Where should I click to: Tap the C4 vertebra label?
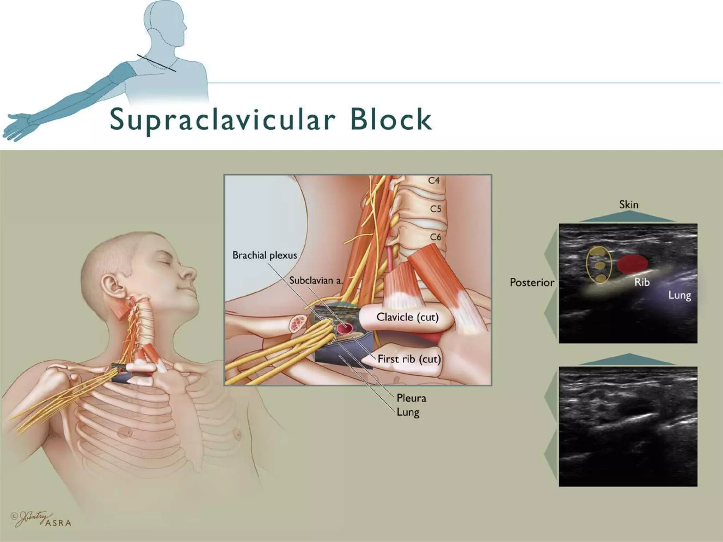[x=434, y=181]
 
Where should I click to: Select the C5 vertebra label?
[x=436, y=209]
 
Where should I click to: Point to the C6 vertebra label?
[x=436, y=237]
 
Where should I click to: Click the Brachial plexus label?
[x=264, y=255]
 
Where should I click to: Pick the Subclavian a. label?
[x=316, y=281]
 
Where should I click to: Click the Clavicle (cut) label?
[x=407, y=317]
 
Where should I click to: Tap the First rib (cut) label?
[x=409, y=359]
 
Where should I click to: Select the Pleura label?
[x=411, y=398]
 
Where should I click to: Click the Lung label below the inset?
[x=408, y=412]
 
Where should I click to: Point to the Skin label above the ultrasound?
[x=629, y=205]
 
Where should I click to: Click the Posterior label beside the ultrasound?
[x=532, y=283]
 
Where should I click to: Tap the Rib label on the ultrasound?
[x=642, y=282]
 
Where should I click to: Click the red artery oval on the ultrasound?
[x=633, y=264]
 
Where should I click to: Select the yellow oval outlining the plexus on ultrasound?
[x=599, y=265]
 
